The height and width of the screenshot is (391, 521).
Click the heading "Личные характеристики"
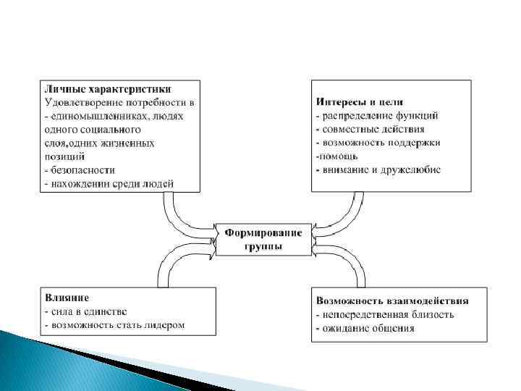(108, 89)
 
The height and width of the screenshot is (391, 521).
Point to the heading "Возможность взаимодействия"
(391, 300)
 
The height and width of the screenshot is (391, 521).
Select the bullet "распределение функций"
(376, 115)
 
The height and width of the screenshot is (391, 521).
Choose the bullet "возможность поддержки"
(377, 143)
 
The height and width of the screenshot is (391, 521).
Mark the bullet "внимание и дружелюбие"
(378, 170)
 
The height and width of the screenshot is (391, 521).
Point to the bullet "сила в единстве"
(85, 311)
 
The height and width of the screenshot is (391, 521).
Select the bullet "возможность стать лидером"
(114, 325)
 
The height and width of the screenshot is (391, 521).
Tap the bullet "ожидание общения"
(365, 328)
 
